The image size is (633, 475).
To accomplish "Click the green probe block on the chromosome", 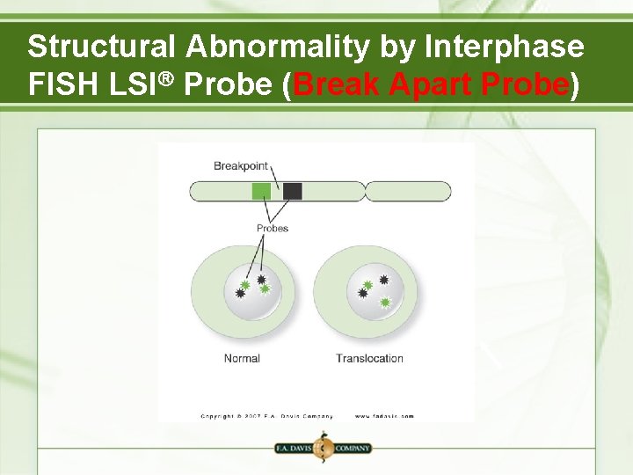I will pyautogui.click(x=261, y=191).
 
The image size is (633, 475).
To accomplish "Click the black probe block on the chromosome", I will pyautogui.click(x=293, y=191).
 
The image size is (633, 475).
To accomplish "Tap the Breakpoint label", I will pyautogui.click(x=240, y=165).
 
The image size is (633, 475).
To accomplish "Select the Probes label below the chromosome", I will pyautogui.click(x=272, y=229).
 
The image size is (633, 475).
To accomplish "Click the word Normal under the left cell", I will pyautogui.click(x=242, y=358).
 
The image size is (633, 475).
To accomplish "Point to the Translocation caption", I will pyautogui.click(x=369, y=358).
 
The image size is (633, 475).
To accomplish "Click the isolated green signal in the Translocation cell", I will pyautogui.click(x=385, y=303).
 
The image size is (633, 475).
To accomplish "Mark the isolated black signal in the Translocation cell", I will pyautogui.click(x=384, y=280).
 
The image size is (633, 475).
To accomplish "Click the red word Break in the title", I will pyautogui.click(x=338, y=84).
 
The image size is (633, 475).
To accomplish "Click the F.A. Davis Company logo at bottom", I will pyautogui.click(x=323, y=448).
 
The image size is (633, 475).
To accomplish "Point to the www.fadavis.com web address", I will pyautogui.click(x=384, y=416).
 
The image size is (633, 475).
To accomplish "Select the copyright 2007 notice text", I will pyautogui.click(x=266, y=416).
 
